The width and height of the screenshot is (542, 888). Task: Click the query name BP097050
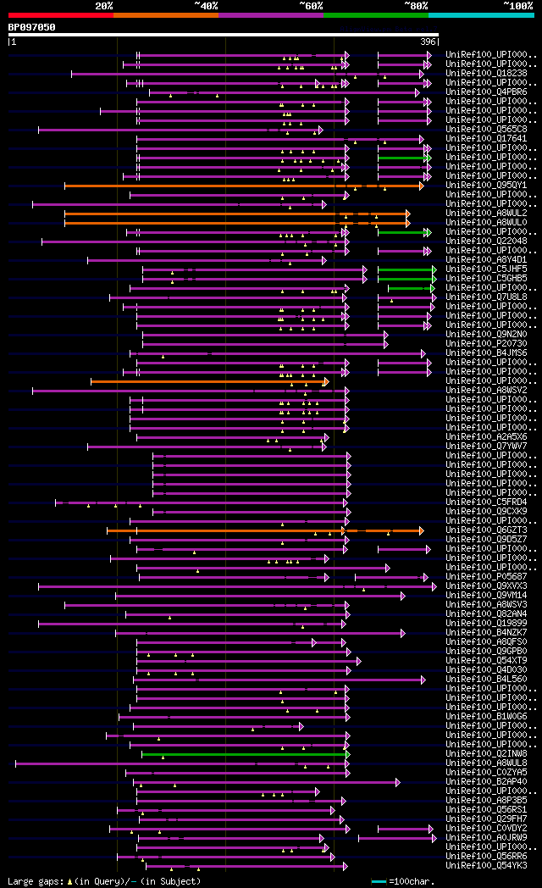pyautogui.click(x=31, y=27)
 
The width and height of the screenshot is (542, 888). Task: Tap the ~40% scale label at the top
pyautogui.click(x=206, y=6)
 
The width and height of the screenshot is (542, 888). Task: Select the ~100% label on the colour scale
pyautogui.click(x=518, y=6)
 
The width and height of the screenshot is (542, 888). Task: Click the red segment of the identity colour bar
pyautogui.click(x=60, y=14)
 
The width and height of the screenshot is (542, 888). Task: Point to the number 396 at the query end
pyautogui.click(x=428, y=42)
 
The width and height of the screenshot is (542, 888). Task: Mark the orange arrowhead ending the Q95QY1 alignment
pyautogui.click(x=421, y=186)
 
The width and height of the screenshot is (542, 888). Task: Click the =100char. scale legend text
pyautogui.click(x=412, y=882)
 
